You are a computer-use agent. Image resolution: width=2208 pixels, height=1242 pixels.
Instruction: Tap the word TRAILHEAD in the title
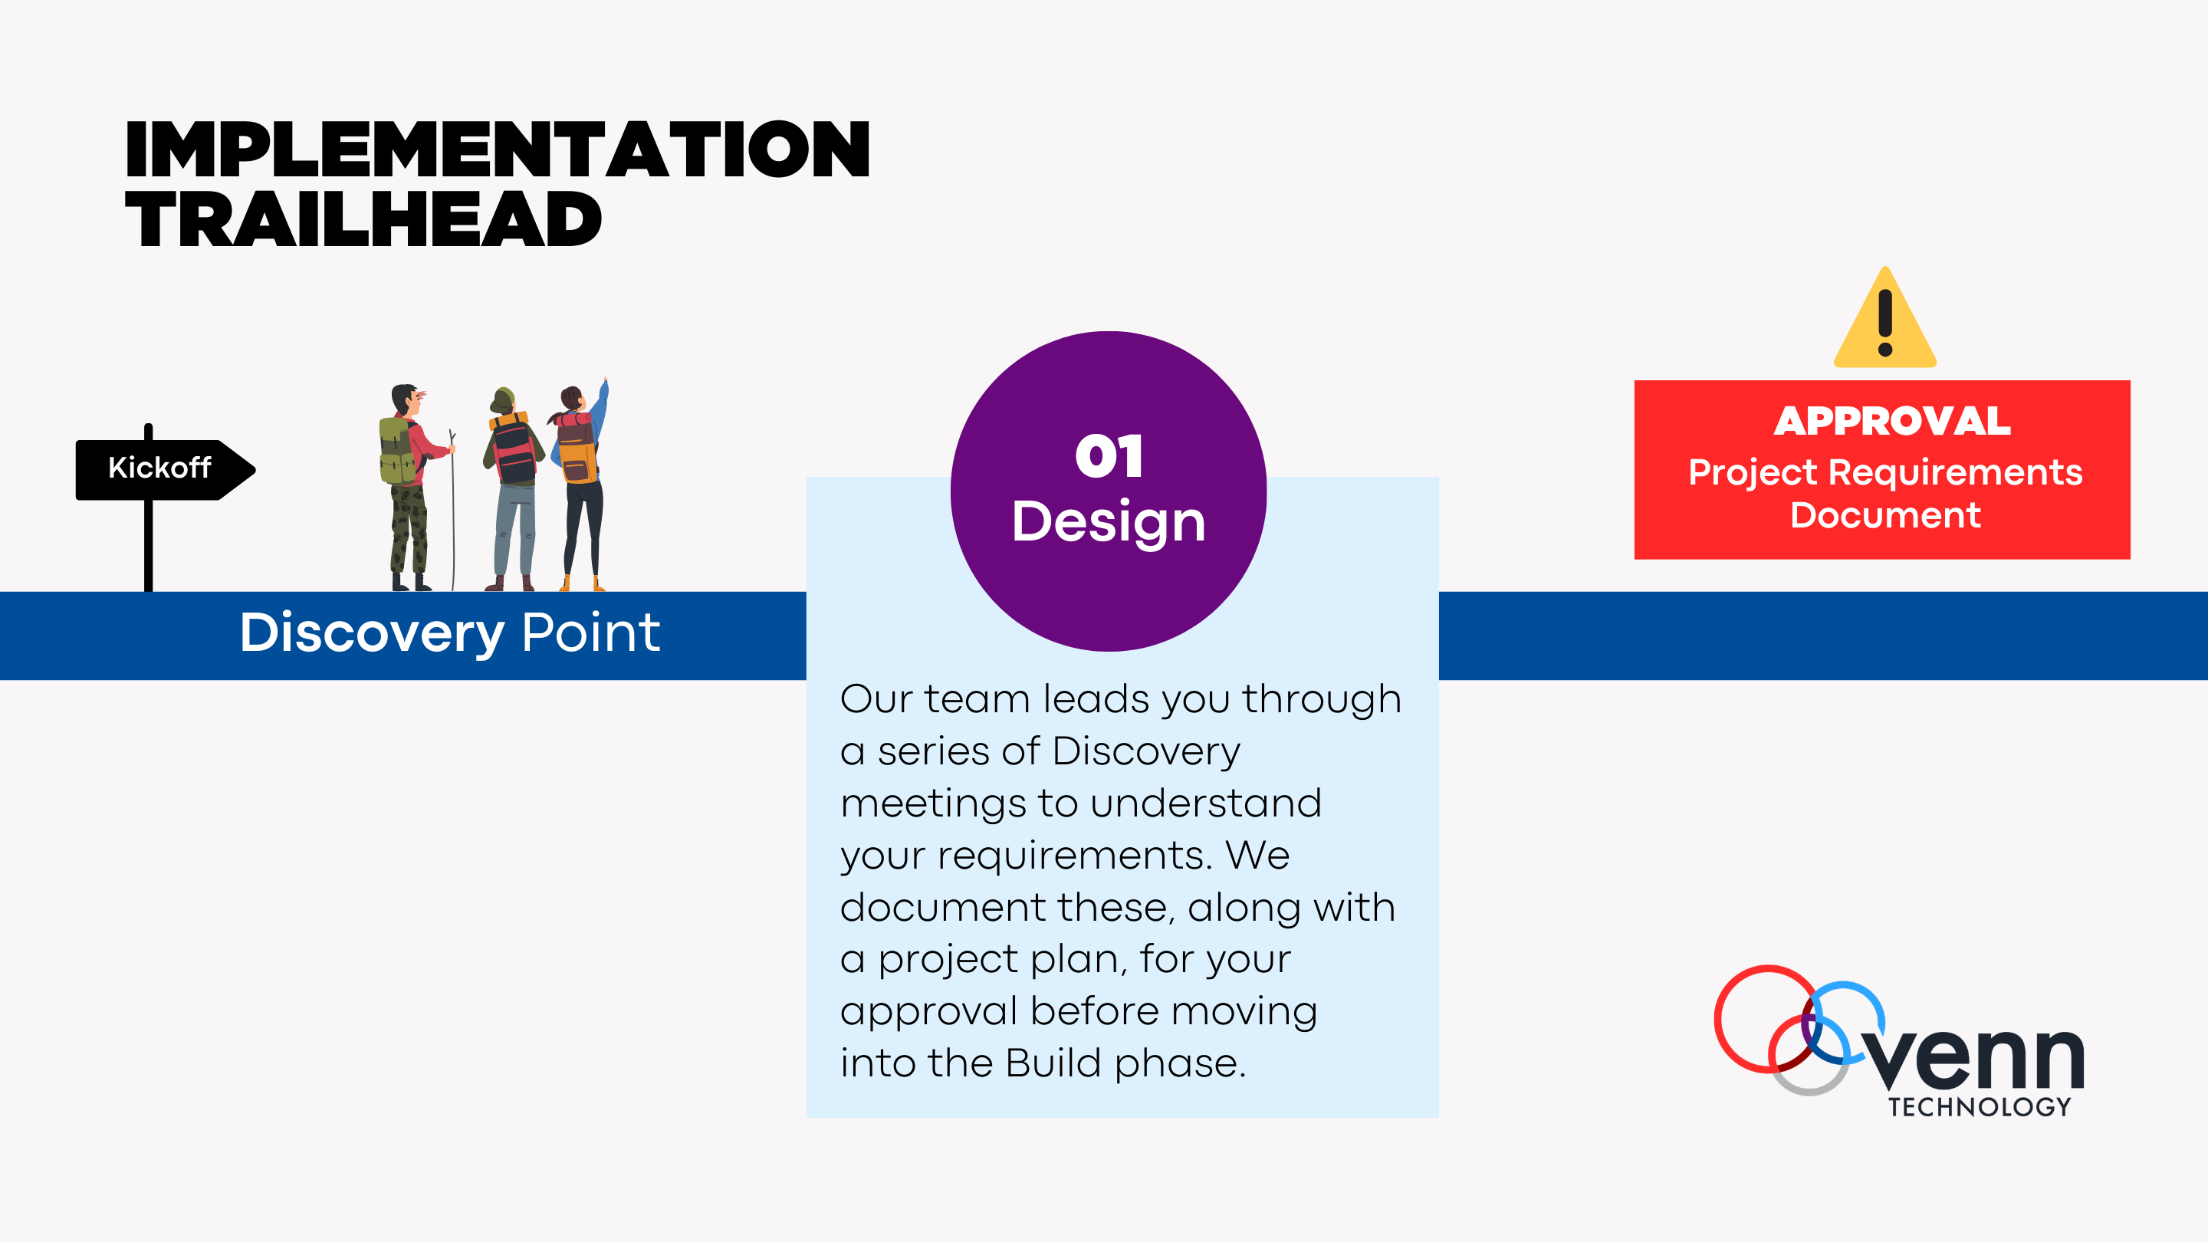363,219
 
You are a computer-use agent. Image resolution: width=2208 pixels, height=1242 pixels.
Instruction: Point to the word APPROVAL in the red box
1891,421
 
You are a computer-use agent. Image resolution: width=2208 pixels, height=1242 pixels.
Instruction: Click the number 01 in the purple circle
1109,456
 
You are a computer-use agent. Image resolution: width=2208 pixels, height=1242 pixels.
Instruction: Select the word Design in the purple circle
1109,521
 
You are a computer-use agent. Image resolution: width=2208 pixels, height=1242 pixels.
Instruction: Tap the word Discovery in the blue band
372,633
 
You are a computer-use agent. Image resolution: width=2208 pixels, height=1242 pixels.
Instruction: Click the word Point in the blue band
590,633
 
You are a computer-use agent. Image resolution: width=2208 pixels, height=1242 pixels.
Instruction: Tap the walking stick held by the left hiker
452,514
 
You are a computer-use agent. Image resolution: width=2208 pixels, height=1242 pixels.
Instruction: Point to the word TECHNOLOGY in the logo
1979,1107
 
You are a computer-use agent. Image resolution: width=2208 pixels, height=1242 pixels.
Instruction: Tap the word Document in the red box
1885,515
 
